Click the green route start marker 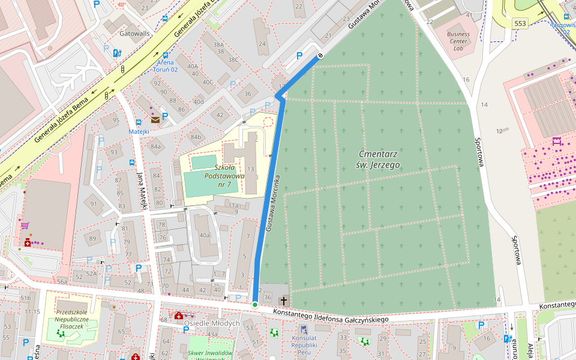(x=255, y=305)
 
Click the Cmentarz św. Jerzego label (x=379, y=159)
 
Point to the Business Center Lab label (x=458, y=41)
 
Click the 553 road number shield (x=520, y=23)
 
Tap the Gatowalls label (x=134, y=34)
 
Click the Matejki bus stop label (x=139, y=131)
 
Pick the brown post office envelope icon (x=155, y=120)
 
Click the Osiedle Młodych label (x=212, y=323)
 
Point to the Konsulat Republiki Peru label (x=304, y=342)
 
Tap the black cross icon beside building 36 (x=283, y=299)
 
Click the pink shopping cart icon (x=25, y=226)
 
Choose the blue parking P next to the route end (x=299, y=56)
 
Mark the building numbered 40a (x=205, y=235)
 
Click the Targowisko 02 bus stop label (x=564, y=28)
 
